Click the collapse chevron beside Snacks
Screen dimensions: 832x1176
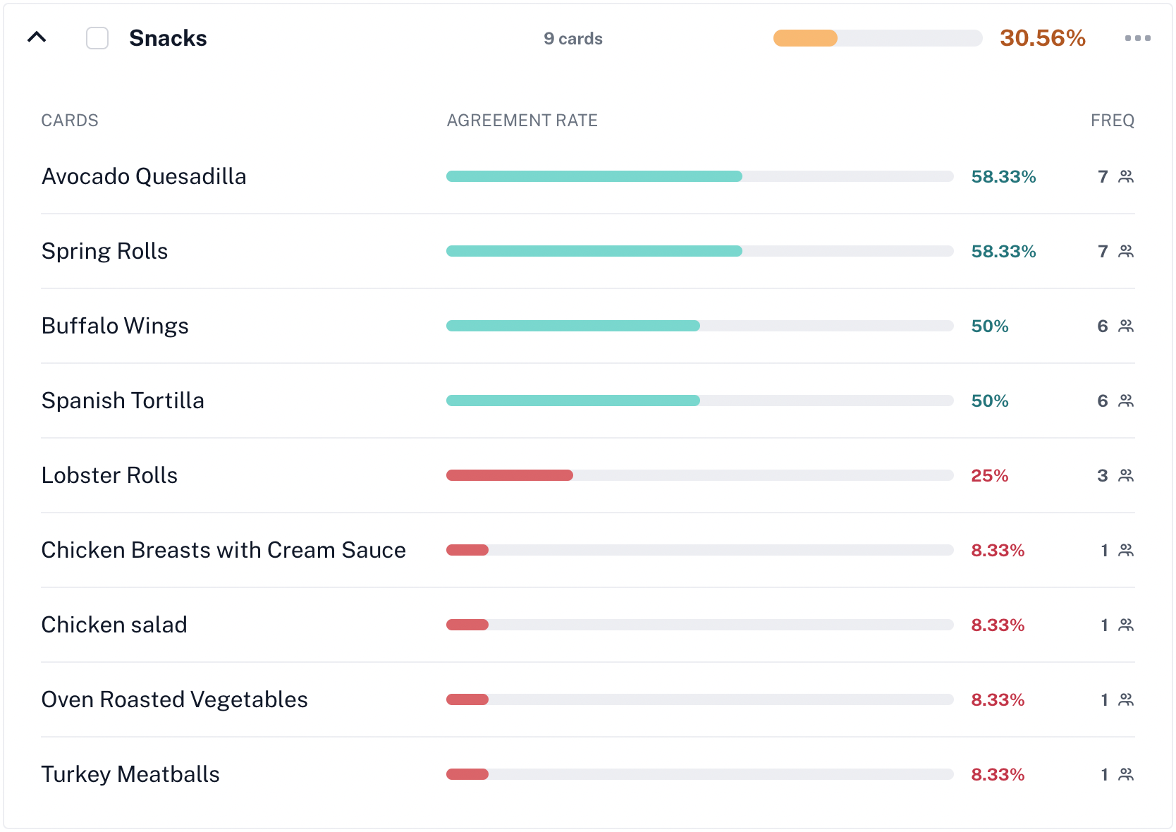tap(37, 37)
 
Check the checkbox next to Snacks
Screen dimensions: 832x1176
tap(97, 38)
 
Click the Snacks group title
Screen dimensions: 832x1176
tap(168, 38)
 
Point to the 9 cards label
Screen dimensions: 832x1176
tap(572, 39)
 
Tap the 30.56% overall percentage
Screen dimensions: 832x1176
tap(1042, 38)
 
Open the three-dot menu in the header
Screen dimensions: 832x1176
tap(1137, 38)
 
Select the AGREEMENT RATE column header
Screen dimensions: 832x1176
tap(522, 121)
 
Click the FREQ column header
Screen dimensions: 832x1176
tap(1112, 121)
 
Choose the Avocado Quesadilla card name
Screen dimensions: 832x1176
tap(144, 176)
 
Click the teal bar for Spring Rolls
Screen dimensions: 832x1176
tap(594, 251)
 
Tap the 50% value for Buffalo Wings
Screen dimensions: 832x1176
tap(989, 326)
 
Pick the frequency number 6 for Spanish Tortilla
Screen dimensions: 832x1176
tap(1103, 400)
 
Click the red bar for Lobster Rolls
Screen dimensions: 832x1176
tap(509, 475)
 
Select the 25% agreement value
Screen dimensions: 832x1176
tap(989, 475)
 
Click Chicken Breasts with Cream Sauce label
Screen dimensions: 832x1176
tap(223, 550)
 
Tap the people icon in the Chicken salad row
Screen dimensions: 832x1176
tap(1126, 625)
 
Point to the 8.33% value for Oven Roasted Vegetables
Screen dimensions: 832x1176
tap(997, 699)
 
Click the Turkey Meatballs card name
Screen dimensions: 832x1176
tap(130, 774)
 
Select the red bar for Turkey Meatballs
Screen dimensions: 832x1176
tap(467, 774)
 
